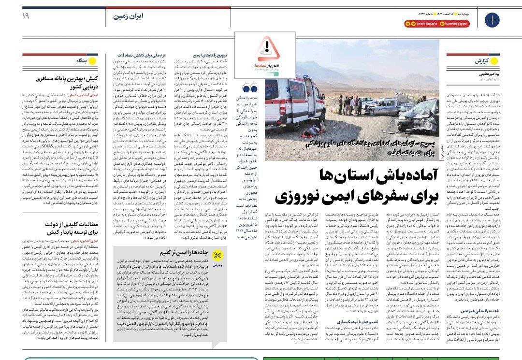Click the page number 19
(x=26, y=16)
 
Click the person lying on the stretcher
(x=316, y=129)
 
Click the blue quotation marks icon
(x=250, y=88)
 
